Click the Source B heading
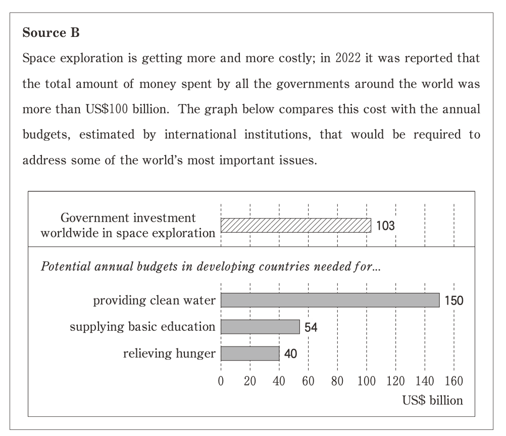(x=52, y=34)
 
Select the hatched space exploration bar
(x=295, y=225)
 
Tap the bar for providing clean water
(x=330, y=300)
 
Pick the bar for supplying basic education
(x=260, y=327)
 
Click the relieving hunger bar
(x=250, y=354)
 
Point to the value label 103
(x=385, y=226)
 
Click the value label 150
(x=454, y=300)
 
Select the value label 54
(x=311, y=327)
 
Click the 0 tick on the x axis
(x=221, y=381)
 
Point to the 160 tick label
(x=453, y=381)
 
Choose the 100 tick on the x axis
(x=366, y=381)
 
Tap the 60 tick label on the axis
(x=308, y=381)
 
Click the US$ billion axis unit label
(x=432, y=401)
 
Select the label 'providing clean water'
(x=154, y=300)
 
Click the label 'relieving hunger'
(x=169, y=354)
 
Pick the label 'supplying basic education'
(x=142, y=327)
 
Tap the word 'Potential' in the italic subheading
(x=64, y=267)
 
